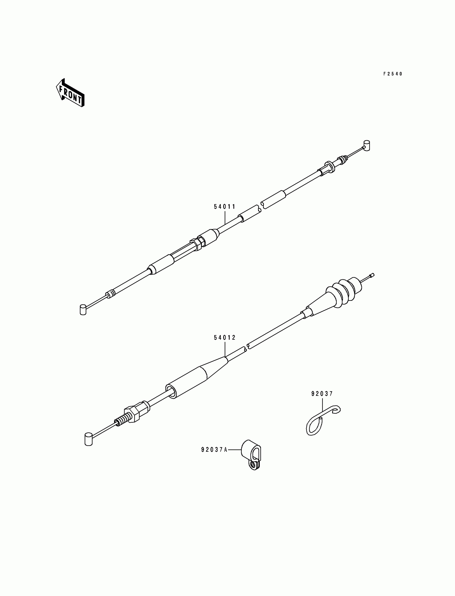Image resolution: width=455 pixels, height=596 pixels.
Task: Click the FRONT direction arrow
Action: pyautogui.click(x=70, y=93)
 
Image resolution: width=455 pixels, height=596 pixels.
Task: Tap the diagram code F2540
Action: pyautogui.click(x=393, y=74)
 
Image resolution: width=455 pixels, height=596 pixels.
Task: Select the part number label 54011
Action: pyautogui.click(x=225, y=207)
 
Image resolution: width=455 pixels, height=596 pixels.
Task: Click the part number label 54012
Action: pyautogui.click(x=225, y=338)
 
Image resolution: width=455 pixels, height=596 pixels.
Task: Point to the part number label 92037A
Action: pyautogui.click(x=214, y=450)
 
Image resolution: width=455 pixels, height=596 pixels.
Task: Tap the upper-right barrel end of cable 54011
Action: pyautogui.click(x=367, y=145)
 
